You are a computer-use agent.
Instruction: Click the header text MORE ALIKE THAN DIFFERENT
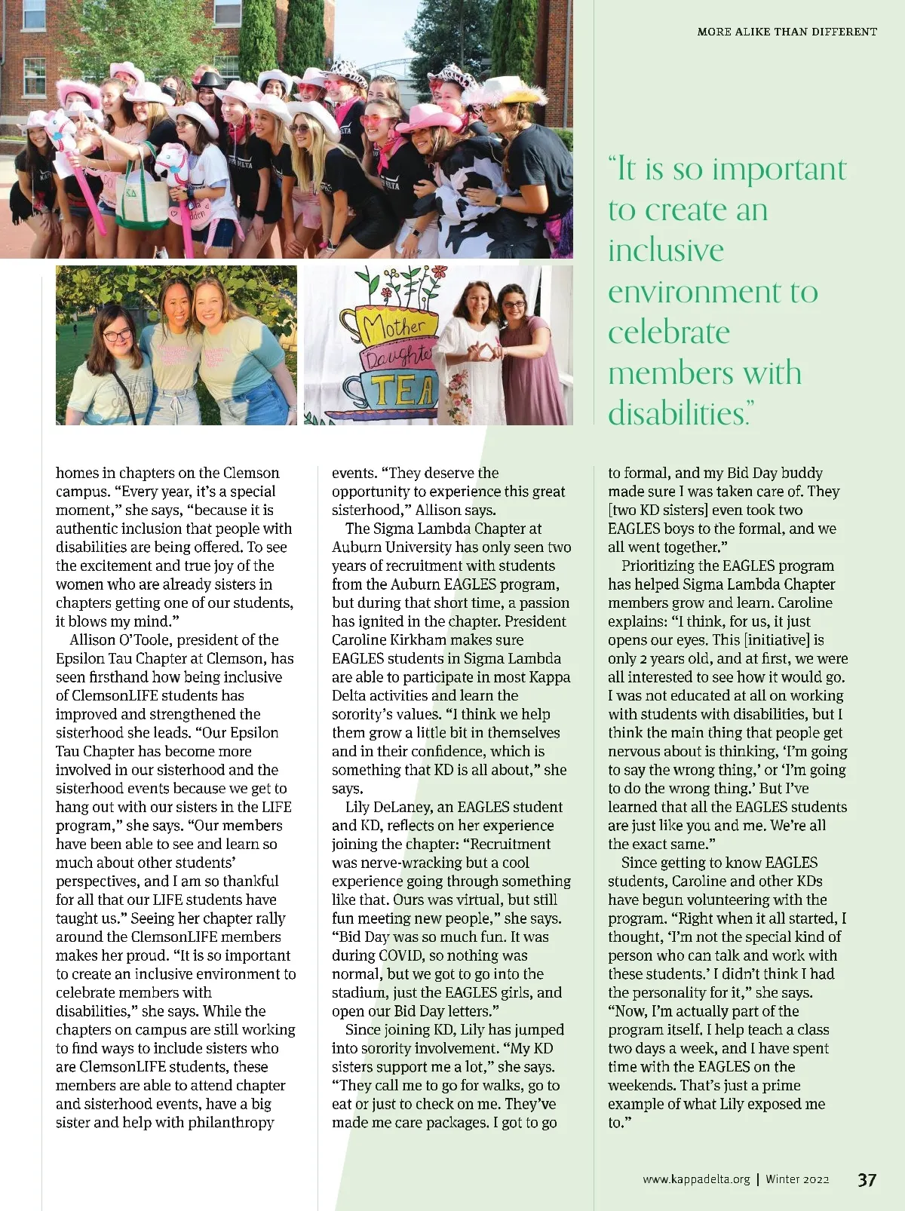point(787,32)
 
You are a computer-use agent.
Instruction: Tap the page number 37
point(867,1179)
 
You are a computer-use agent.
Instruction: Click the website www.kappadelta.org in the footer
point(696,1179)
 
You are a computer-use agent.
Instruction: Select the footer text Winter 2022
point(797,1179)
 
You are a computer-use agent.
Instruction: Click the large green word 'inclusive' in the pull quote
point(666,250)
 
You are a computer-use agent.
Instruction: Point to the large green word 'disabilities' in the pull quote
point(676,413)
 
